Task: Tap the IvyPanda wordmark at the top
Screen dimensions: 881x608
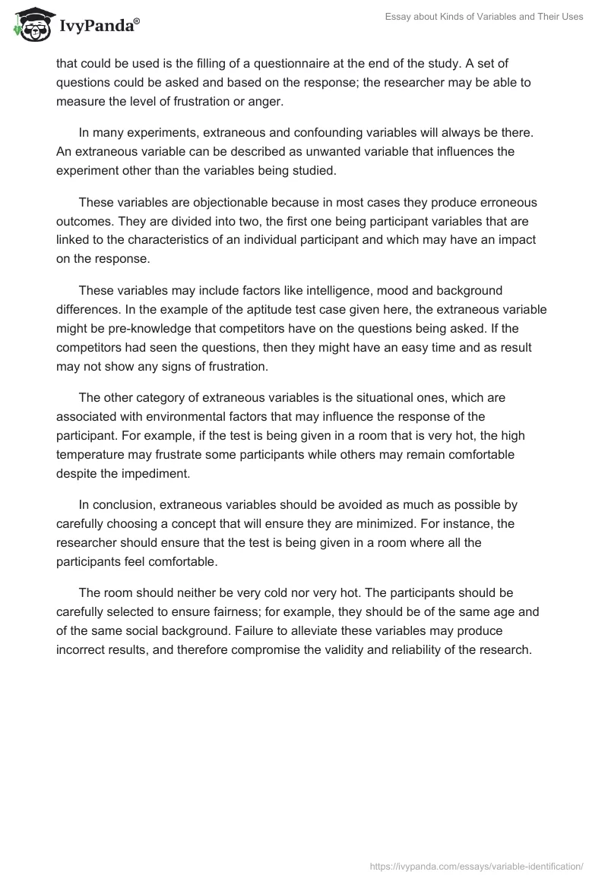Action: point(99,25)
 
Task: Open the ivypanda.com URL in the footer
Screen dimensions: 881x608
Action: point(477,866)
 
